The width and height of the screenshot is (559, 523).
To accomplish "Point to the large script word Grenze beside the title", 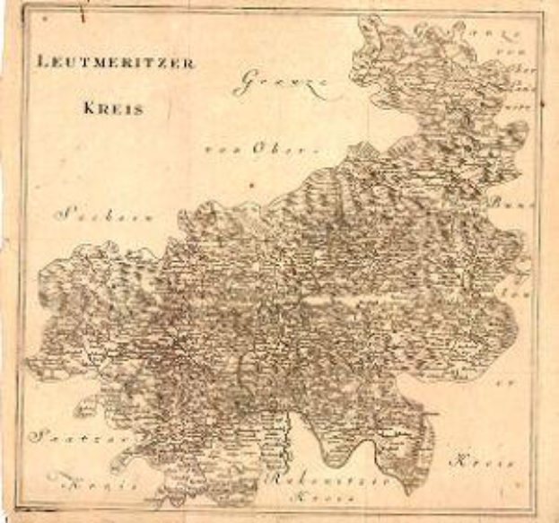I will point(281,83).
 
